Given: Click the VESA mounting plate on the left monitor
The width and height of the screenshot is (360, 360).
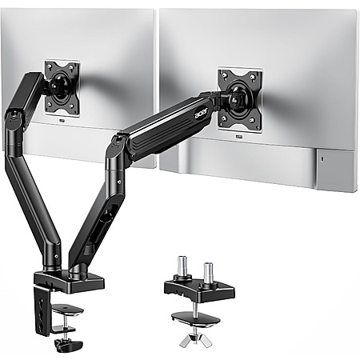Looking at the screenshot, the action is pyautogui.click(x=62, y=88).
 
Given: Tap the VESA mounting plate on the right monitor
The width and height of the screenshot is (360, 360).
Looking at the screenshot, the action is pyautogui.click(x=239, y=100).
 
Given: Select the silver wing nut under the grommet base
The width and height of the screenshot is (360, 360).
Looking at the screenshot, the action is pyautogui.click(x=196, y=339).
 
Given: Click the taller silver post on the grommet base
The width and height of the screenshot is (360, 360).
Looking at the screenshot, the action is pyautogui.click(x=182, y=267).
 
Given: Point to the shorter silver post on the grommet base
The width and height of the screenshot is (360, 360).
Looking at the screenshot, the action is pyautogui.click(x=208, y=272).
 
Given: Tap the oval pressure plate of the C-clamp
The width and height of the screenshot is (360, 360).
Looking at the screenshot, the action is pyautogui.click(x=67, y=310).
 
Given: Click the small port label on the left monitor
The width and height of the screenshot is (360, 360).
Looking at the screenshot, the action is pyautogui.click(x=62, y=120).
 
